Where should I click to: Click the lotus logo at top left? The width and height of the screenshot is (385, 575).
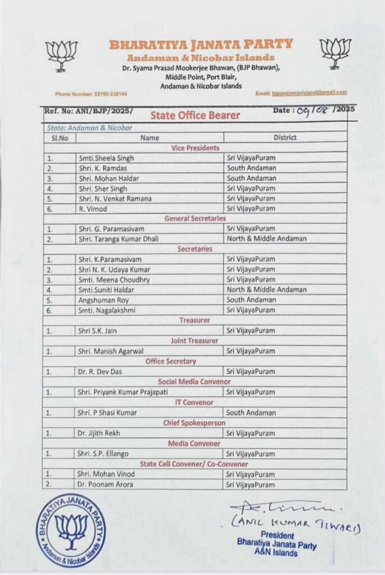(61, 54)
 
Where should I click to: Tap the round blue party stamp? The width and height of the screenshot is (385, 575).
(71, 530)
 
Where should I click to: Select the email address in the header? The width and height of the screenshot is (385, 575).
(301, 93)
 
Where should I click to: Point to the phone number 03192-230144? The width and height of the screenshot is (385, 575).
(91, 94)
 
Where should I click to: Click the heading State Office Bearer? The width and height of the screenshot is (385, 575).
(195, 115)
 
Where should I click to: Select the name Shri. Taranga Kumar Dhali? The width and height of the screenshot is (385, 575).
(119, 239)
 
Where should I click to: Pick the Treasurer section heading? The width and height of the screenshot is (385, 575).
(194, 320)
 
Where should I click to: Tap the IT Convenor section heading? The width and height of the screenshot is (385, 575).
(194, 402)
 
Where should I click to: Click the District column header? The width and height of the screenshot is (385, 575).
(285, 137)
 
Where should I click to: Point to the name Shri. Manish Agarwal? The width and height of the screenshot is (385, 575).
(108, 351)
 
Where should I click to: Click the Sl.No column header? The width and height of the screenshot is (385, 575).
(58, 137)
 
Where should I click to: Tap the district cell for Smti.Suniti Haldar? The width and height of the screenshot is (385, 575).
(266, 290)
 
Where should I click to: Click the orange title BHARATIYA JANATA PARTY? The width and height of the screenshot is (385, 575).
(201, 44)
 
